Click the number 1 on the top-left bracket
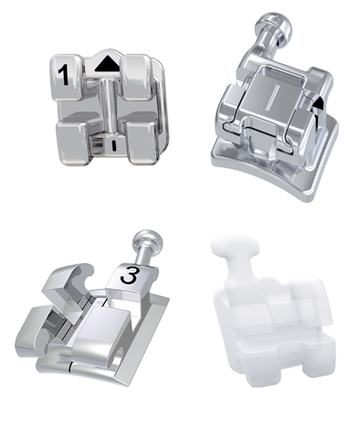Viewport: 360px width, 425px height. point(64,75)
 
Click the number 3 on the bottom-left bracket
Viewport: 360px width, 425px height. point(129,275)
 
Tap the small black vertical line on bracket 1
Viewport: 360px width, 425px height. point(114,145)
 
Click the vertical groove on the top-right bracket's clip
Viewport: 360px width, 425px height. point(271,97)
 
